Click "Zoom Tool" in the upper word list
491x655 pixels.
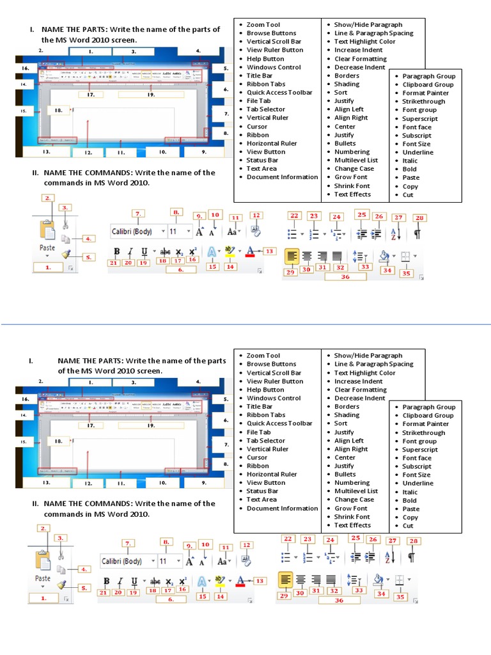tap(263, 24)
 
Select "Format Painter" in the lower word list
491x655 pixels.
tap(425, 423)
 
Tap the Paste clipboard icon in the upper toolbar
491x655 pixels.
tap(47, 230)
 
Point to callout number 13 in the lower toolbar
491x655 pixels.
tap(260, 580)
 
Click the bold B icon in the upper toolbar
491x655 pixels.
tap(117, 251)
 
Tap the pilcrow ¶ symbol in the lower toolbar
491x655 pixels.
tap(411, 557)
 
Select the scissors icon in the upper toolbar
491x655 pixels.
tap(66, 225)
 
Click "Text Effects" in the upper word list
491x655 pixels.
tap(352, 194)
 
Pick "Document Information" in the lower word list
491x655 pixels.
tap(282, 508)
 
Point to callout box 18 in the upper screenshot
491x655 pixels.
tap(58, 110)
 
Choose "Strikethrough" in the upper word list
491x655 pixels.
tap(423, 101)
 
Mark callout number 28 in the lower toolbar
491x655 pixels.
tap(414, 541)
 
